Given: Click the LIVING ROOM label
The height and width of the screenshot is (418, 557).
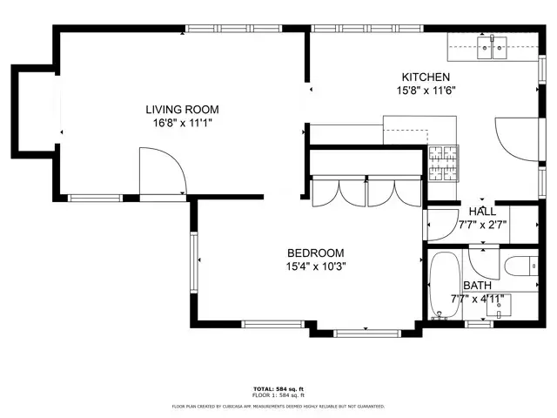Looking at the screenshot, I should pos(181,109).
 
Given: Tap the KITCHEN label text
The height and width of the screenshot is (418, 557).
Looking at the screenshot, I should pos(425,77).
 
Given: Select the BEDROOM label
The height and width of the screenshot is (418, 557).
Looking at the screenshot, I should pos(316,253).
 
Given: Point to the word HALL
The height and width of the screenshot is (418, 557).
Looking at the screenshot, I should pos(482,212).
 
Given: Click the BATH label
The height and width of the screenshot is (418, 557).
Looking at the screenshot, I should pos(476,286).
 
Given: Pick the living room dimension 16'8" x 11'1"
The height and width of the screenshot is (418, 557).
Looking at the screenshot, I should pos(181,123).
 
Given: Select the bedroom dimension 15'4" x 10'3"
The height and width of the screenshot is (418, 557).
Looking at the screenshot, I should pos(316,266).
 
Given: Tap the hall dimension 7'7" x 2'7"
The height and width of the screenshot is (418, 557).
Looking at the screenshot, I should pos(482,225).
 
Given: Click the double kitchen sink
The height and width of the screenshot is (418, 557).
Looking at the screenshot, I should pos(492,47).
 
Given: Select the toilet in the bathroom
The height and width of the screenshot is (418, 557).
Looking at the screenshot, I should pos(520,266).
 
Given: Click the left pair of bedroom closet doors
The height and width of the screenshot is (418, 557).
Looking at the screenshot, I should pos(337,192).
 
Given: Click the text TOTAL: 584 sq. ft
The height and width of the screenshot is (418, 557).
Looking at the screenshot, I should pos(278,388).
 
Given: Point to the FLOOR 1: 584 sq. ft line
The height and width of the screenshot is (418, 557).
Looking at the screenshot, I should pos(278,395).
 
